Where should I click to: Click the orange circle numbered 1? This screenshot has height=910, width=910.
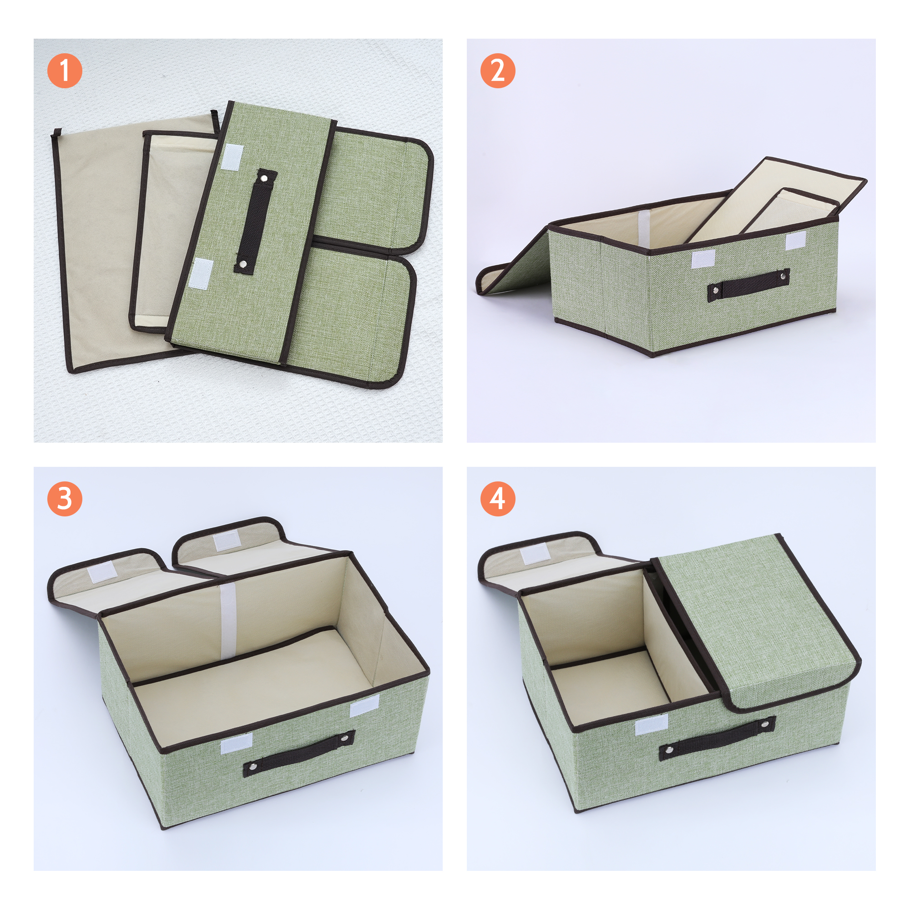65,71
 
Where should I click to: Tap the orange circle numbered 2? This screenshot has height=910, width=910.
498,71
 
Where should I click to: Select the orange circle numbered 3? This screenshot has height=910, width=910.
65,498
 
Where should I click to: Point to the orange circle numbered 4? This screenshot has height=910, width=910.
498,498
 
